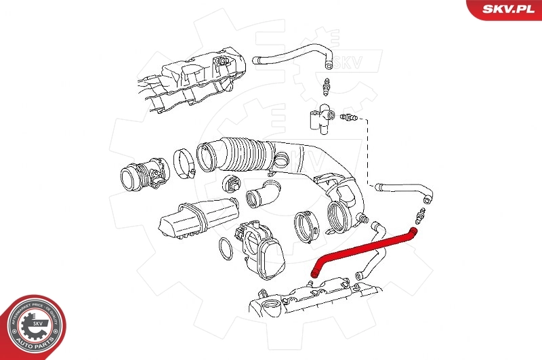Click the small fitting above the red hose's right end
(417, 217)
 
